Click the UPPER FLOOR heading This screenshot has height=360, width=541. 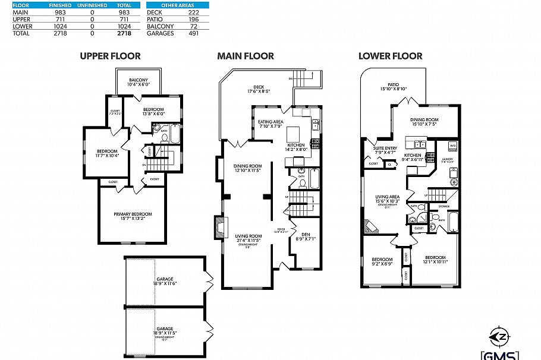tap(111, 56)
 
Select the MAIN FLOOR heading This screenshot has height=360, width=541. tap(245, 56)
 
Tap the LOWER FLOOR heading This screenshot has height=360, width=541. tap(390, 56)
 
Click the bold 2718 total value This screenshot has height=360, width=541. tap(124, 34)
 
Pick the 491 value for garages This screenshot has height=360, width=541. tap(192, 34)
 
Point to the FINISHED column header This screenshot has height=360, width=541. tap(59, 5)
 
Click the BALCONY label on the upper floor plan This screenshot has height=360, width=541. tap(139, 80)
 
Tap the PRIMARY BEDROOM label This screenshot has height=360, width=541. tap(133, 214)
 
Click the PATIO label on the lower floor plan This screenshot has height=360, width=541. tap(393, 85)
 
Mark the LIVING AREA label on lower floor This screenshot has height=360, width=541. tap(386, 196)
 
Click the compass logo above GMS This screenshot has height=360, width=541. tap(503, 336)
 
